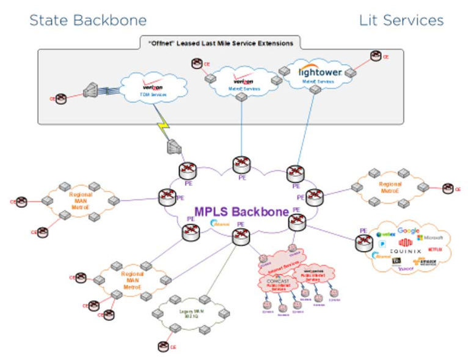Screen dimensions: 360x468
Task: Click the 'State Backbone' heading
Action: pyautogui.click(x=88, y=20)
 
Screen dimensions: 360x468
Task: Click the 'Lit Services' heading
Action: pyautogui.click(x=401, y=20)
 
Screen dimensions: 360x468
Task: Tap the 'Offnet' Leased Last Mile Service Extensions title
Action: pyautogui.click(x=221, y=43)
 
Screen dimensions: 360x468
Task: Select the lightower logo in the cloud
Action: pyautogui.click(x=320, y=72)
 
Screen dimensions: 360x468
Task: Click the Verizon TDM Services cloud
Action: pyautogui.click(x=152, y=89)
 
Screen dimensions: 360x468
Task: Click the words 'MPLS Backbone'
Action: pyautogui.click(x=242, y=211)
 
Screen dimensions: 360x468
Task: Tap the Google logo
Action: pyautogui.click(x=408, y=230)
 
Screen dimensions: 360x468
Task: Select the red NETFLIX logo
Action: pyautogui.click(x=434, y=249)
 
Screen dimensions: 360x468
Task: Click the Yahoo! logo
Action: pyautogui.click(x=405, y=268)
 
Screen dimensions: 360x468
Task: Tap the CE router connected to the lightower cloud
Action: pyautogui.click(x=376, y=56)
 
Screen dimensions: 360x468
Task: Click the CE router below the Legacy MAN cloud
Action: pyautogui.click(x=163, y=347)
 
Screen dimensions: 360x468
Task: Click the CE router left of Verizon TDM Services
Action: pyautogui.click(x=61, y=98)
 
